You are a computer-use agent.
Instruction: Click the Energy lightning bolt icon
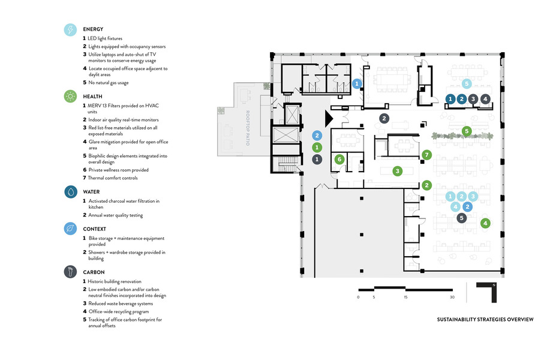point(71,31)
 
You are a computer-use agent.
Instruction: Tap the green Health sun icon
point(71,96)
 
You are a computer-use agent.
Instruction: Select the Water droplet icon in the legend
point(71,192)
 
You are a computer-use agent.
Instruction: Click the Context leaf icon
point(71,229)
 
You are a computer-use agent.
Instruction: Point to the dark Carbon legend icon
point(71,272)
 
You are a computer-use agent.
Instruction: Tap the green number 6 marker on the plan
point(339,159)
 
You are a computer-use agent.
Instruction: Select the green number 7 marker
point(426,155)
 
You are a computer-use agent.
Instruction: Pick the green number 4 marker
point(486,223)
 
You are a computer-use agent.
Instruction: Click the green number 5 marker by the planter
point(467,131)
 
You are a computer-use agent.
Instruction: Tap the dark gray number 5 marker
point(462,218)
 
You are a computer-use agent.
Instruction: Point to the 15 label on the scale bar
point(405,297)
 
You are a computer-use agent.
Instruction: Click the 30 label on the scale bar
point(452,297)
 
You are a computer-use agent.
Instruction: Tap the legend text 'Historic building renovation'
point(115,282)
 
